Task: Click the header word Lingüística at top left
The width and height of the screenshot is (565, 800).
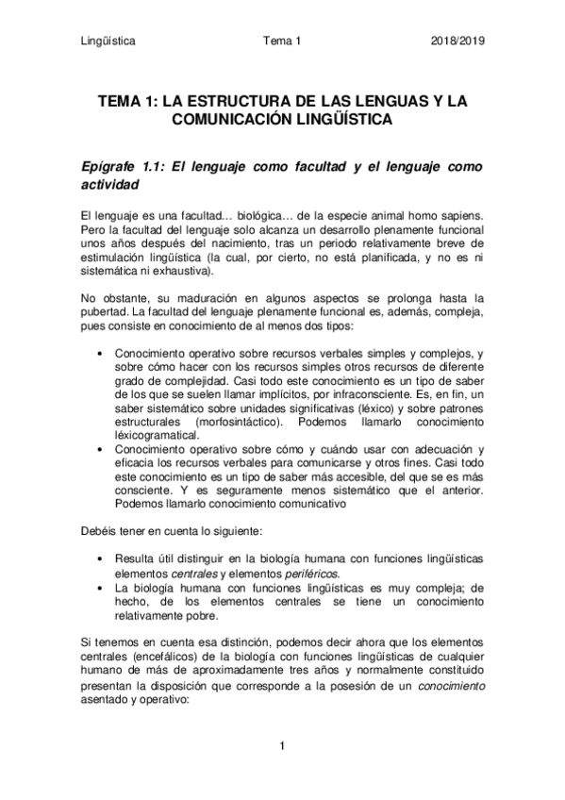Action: (108, 42)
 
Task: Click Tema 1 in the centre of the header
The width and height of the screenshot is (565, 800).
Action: (282, 42)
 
